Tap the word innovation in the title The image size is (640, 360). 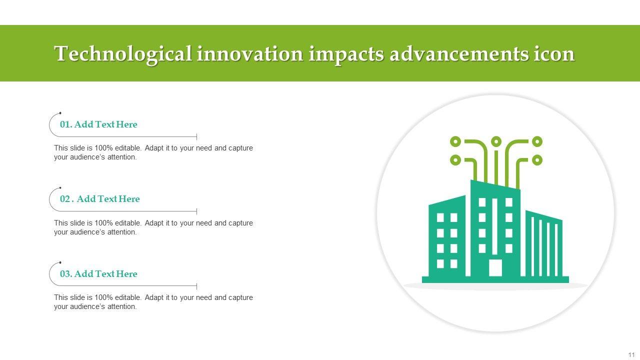(250, 53)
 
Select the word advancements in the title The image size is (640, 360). (459, 53)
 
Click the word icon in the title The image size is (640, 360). (554, 53)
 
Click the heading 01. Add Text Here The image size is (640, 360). (98, 124)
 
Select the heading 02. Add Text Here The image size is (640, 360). (99, 199)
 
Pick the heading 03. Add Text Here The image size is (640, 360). (98, 273)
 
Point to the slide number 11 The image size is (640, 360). (631, 354)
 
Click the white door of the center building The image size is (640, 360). (495, 267)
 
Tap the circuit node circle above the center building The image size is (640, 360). (496, 141)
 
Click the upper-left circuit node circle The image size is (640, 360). (455, 141)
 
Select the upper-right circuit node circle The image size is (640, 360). (537, 141)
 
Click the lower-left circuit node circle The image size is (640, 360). (455, 160)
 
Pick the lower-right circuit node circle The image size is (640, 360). (537, 160)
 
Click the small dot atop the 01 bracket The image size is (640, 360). (60, 113)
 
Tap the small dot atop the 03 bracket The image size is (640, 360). (60, 262)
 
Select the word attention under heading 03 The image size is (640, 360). (122, 306)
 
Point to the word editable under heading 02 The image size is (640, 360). (128, 223)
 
